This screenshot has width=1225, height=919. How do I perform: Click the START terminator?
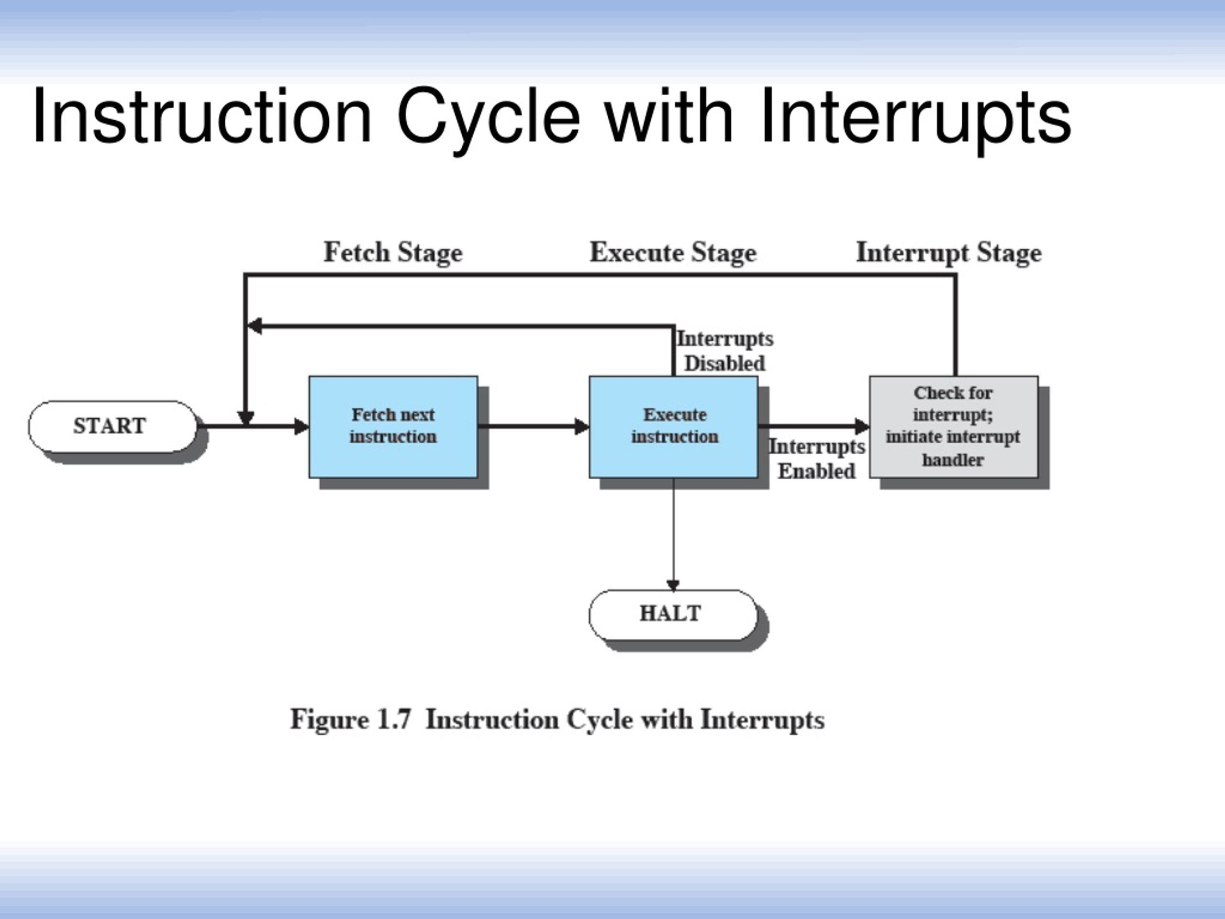click(x=113, y=426)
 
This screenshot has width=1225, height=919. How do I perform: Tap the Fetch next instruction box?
click(x=393, y=426)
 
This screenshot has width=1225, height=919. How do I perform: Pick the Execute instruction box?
click(x=673, y=426)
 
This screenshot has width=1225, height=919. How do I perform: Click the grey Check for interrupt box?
click(x=954, y=426)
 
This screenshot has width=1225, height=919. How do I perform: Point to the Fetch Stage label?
click(x=393, y=253)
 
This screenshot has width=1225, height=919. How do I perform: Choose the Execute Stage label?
click(x=673, y=253)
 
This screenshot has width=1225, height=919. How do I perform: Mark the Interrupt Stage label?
click(x=948, y=253)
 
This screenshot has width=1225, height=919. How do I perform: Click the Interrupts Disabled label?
click(x=725, y=351)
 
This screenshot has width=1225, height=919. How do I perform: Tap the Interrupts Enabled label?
click(x=817, y=459)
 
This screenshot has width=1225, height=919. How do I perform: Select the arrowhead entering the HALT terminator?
click(x=673, y=585)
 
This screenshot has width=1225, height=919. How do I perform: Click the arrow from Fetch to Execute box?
click(x=534, y=426)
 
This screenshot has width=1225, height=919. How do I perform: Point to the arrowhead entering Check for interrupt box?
click(x=862, y=426)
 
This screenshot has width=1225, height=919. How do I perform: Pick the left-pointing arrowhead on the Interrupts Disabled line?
click(x=254, y=326)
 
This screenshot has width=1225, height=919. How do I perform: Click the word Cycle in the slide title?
click(x=489, y=119)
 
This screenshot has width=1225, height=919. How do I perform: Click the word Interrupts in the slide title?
click(x=916, y=119)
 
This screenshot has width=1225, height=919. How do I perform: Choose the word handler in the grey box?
click(x=953, y=460)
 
